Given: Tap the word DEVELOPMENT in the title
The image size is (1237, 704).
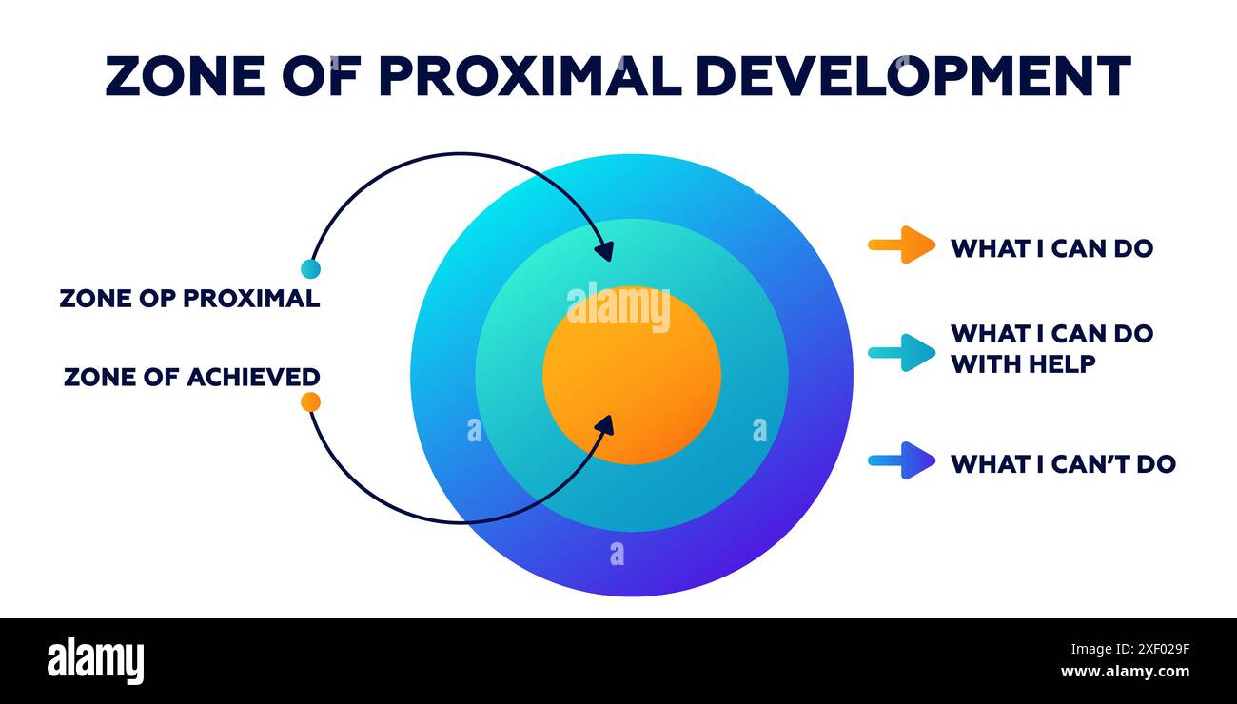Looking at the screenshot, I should (x=913, y=76).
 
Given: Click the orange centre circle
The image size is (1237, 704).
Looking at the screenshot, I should (x=632, y=381).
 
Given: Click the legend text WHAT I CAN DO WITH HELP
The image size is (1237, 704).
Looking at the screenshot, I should (x=1051, y=348).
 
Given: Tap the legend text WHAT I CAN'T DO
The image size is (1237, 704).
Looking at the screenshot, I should (x=1063, y=464).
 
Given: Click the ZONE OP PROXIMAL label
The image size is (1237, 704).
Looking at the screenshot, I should (x=189, y=298).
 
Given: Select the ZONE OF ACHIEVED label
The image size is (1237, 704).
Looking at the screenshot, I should (x=191, y=377).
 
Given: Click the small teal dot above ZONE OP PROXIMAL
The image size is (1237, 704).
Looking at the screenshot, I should (x=310, y=268).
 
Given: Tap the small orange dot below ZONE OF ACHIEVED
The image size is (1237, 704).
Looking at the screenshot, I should (x=310, y=401).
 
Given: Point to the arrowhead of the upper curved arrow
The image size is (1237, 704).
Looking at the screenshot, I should (x=604, y=251).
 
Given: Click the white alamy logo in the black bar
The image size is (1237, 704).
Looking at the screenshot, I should (x=95, y=661).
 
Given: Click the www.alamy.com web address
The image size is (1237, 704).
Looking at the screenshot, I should (x=1125, y=672).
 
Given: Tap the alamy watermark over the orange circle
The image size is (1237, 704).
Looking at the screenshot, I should (x=618, y=307).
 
